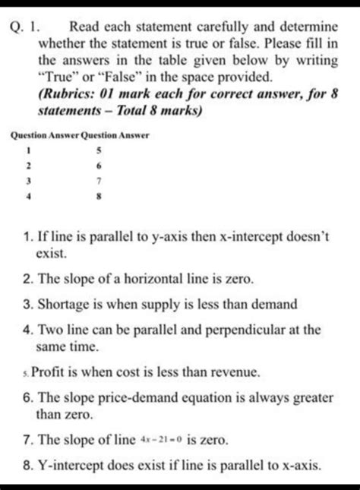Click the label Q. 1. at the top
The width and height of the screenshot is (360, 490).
[27, 21]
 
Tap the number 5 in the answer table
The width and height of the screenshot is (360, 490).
[99, 150]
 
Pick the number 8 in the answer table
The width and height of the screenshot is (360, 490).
[99, 195]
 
